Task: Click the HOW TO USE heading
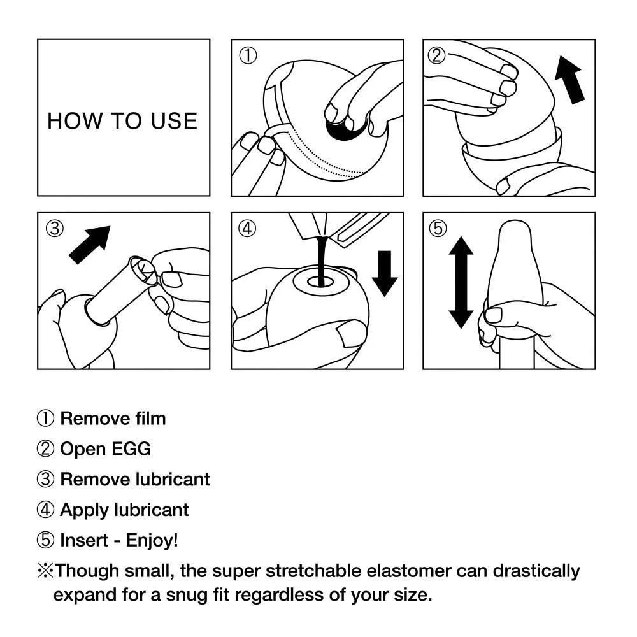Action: tap(122, 120)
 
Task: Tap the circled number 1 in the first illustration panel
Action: tap(247, 56)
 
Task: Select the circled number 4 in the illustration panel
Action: tap(247, 229)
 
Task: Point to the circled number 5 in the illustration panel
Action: tap(439, 229)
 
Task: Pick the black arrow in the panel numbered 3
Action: tap(90, 244)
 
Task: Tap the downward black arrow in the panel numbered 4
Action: tap(384, 273)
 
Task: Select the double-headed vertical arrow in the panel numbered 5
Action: tap(461, 282)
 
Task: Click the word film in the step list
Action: tap(150, 419)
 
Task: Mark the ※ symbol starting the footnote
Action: tap(46, 571)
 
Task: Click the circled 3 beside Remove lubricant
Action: tap(46, 480)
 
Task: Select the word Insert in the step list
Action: tap(83, 541)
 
